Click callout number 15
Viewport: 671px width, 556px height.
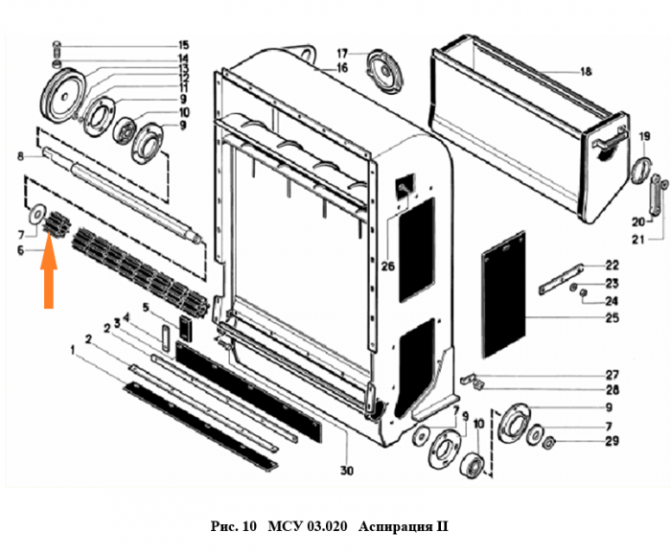point(182,45)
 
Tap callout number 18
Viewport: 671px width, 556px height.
point(587,71)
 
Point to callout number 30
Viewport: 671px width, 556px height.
point(347,471)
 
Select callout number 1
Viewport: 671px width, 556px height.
point(72,353)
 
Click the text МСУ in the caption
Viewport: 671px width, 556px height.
point(284,526)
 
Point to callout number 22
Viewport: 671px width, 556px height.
point(612,266)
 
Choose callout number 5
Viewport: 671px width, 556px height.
point(147,308)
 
